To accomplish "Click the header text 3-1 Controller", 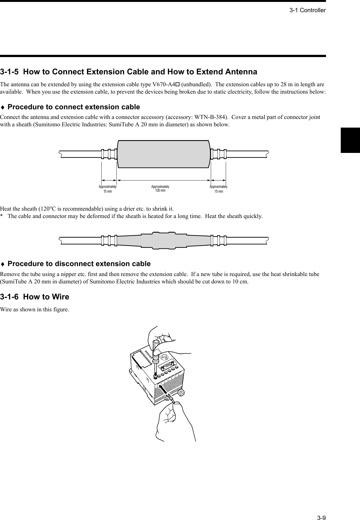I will pos(307,10).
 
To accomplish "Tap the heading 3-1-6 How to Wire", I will pos(35,297).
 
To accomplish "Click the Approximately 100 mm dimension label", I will pos(160,189).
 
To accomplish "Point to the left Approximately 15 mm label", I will pos(107,189).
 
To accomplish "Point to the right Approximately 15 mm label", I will pos(219,189).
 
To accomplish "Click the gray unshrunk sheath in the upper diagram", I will pos(164,154).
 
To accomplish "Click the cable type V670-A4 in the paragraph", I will pos(167,85).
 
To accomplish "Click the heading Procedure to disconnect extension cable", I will pos(79,264).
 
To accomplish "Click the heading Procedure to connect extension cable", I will pos(73,107).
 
